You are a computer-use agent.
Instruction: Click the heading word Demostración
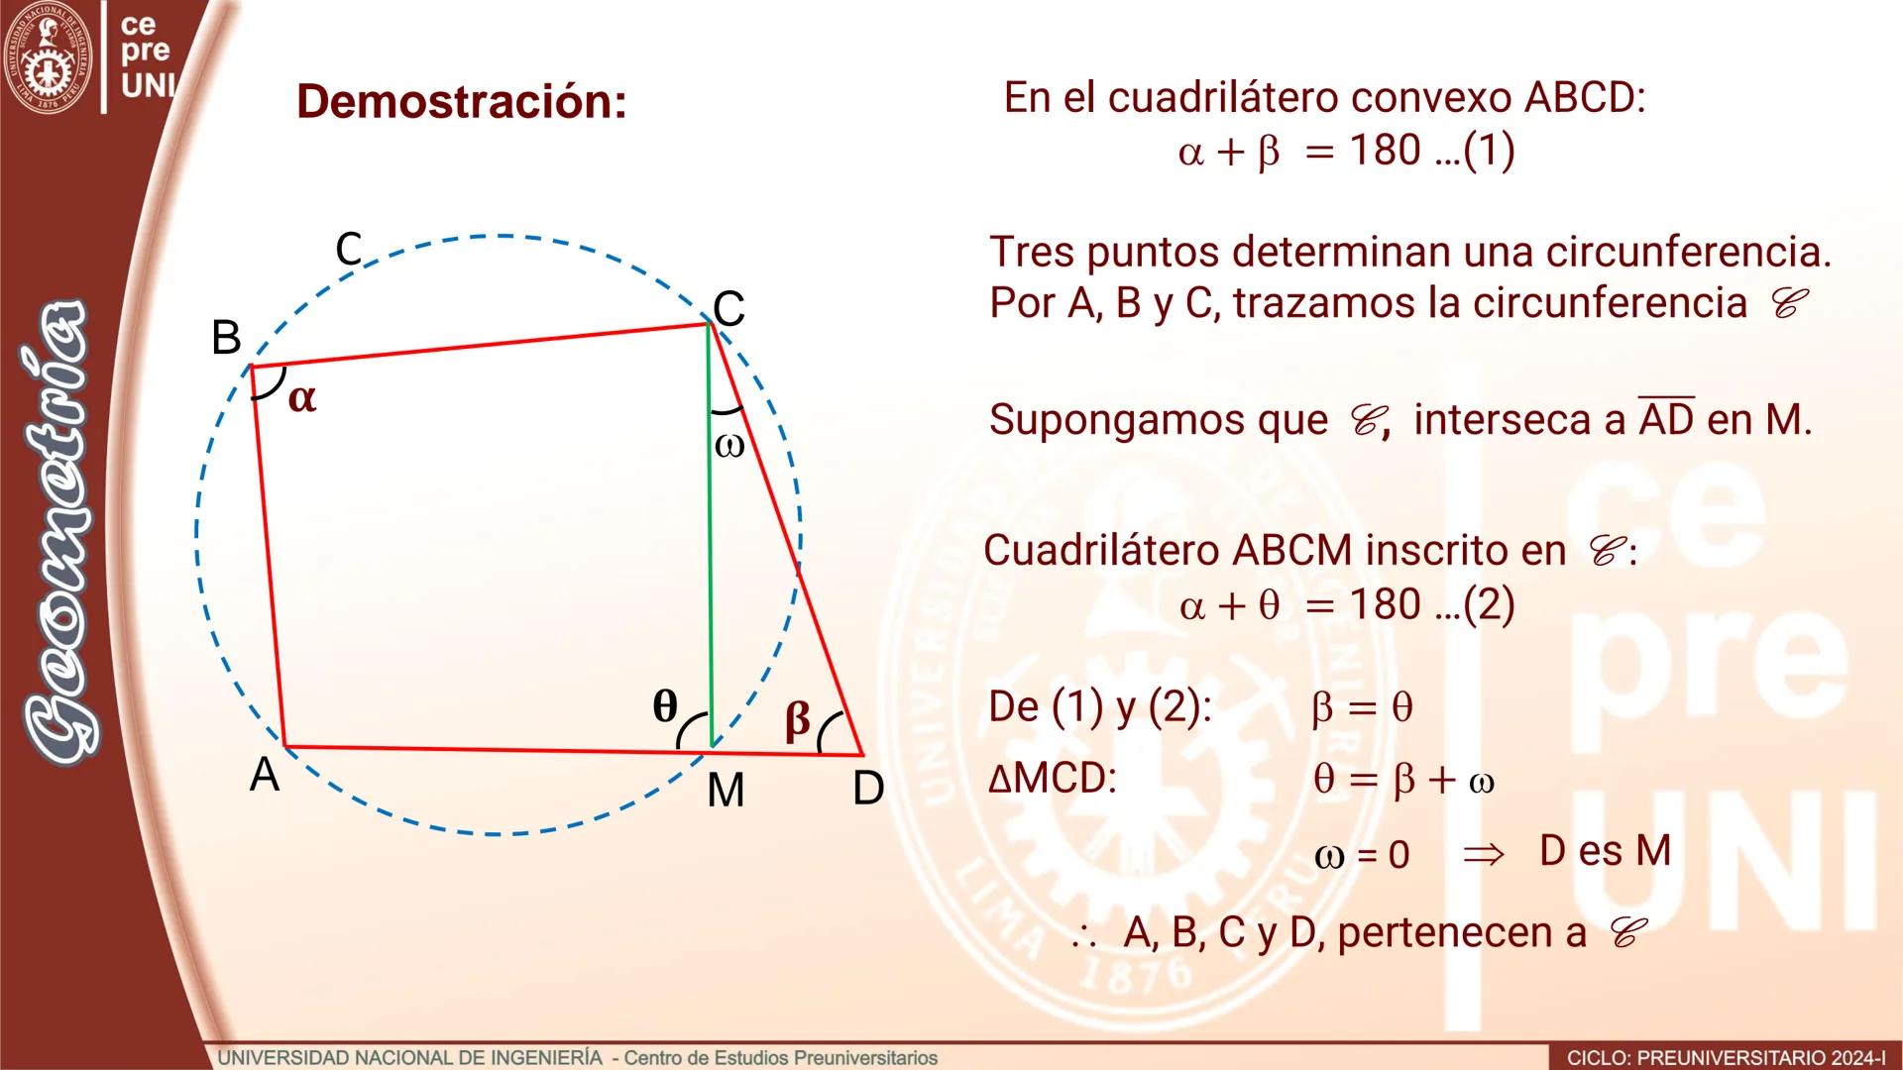click(462, 101)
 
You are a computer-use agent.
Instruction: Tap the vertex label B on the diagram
click(226, 339)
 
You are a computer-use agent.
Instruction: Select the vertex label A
click(264, 775)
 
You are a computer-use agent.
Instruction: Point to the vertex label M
click(726, 791)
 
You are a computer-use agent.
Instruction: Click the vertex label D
click(868, 789)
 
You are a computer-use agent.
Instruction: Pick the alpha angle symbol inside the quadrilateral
click(302, 398)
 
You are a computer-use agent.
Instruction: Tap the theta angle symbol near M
click(665, 706)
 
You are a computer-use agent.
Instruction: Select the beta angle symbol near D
click(797, 719)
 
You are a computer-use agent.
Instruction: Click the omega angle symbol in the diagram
click(728, 446)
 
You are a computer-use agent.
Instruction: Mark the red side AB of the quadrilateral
click(269, 555)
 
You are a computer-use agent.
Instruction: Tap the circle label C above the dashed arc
click(349, 249)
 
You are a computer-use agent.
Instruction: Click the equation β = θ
click(1362, 707)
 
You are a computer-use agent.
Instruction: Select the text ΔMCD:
click(1052, 779)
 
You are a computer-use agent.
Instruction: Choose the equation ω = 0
click(1361, 855)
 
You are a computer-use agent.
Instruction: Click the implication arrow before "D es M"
click(1484, 854)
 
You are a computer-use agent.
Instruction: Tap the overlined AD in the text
click(1666, 419)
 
